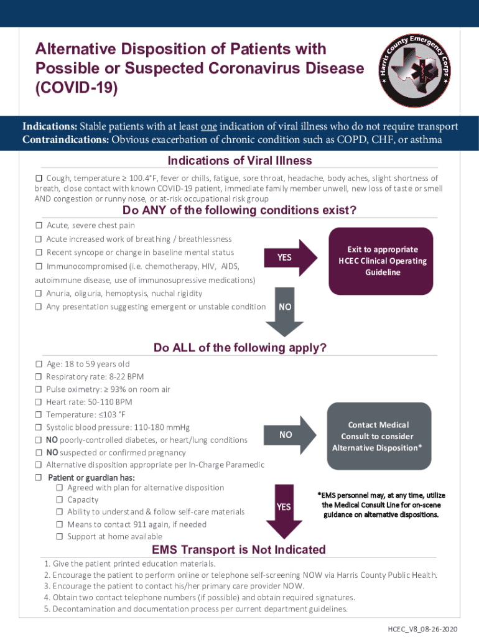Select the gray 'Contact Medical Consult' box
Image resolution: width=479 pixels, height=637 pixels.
point(381,436)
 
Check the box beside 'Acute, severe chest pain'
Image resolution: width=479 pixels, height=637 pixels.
point(39,225)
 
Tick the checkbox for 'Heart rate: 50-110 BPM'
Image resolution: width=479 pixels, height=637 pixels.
point(39,402)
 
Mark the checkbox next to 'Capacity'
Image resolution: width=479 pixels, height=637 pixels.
point(60,500)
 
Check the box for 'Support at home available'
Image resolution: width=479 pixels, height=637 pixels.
point(60,536)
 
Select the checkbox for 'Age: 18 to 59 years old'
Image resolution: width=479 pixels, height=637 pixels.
point(39,364)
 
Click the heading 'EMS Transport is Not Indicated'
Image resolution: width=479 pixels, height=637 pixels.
point(239,550)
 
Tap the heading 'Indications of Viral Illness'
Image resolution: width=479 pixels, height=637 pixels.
point(240,161)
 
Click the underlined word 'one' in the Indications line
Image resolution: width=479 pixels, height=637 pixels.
point(208,127)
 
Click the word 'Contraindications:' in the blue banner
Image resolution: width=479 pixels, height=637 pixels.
point(65,139)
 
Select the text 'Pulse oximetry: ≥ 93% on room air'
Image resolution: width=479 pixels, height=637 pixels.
point(108,389)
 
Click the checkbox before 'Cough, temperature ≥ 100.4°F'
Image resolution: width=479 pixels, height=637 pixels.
point(39,179)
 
